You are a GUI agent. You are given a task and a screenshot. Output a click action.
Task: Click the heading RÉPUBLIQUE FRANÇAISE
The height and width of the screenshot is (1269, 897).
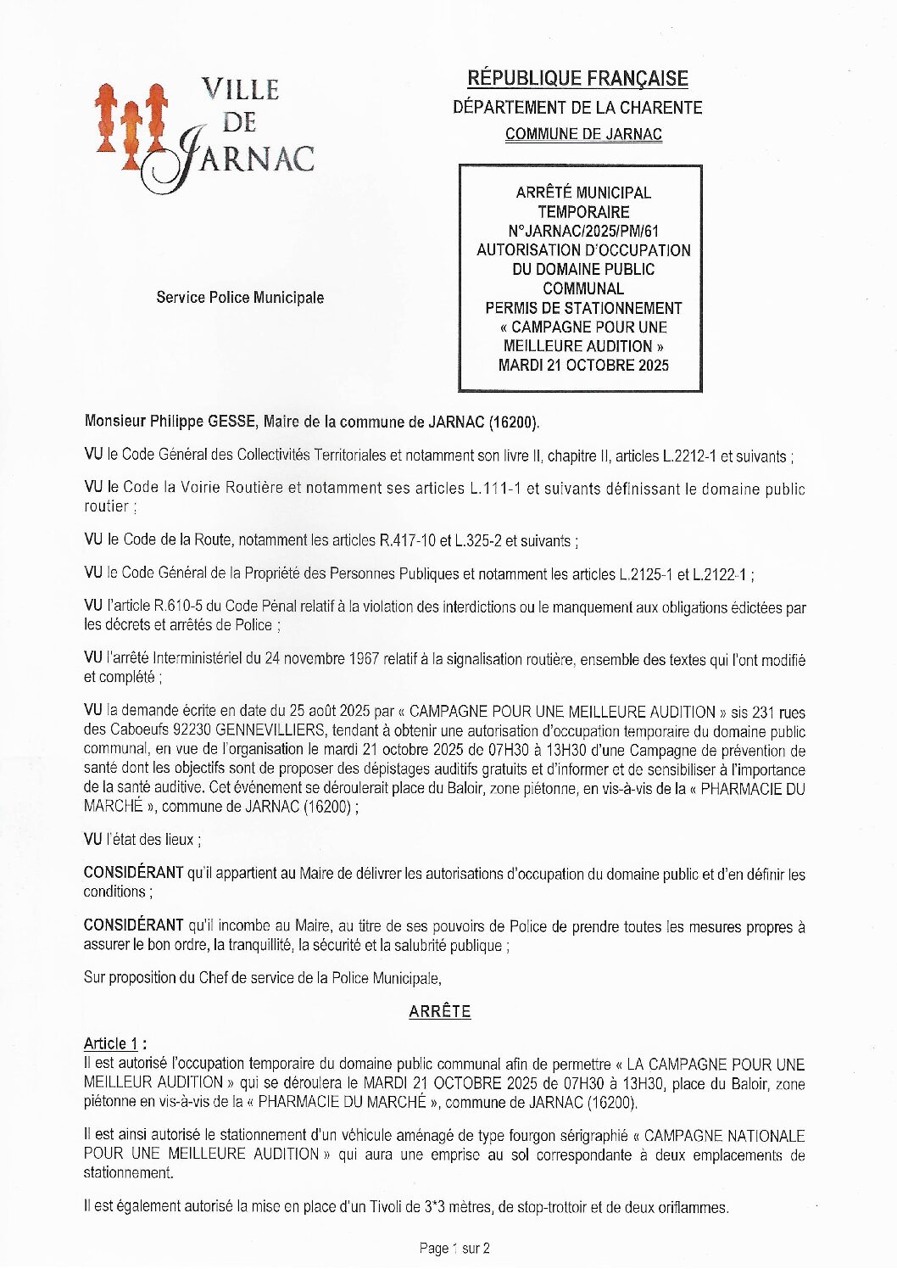[x=577, y=79]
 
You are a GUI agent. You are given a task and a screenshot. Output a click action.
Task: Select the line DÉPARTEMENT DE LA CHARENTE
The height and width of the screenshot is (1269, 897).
[x=577, y=108]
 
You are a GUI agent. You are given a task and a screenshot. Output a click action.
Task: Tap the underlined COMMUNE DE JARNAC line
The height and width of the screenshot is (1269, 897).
[x=583, y=134]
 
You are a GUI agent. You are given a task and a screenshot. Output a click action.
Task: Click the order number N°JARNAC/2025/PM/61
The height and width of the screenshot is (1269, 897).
[x=583, y=231]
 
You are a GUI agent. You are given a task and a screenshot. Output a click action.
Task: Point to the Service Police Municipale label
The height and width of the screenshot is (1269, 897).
[x=240, y=298]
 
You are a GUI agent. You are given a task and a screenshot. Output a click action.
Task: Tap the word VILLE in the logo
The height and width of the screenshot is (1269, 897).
[x=240, y=90]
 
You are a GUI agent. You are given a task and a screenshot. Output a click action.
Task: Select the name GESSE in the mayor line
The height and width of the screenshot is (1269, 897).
[x=234, y=422]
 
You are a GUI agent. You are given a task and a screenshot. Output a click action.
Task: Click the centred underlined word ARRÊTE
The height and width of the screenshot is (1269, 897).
[x=439, y=1011]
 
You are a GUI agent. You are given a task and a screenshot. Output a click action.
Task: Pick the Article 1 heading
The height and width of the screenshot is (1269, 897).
[x=114, y=1043]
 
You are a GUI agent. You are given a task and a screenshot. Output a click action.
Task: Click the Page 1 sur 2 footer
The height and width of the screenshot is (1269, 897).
[x=454, y=1248]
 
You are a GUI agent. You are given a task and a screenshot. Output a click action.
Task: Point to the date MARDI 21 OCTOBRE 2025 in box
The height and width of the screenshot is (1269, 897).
[x=583, y=366]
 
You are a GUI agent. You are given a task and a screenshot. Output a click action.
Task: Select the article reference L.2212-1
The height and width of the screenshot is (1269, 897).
[x=683, y=456]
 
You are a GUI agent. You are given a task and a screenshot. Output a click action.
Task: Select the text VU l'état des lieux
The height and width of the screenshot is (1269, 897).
[x=142, y=840]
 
